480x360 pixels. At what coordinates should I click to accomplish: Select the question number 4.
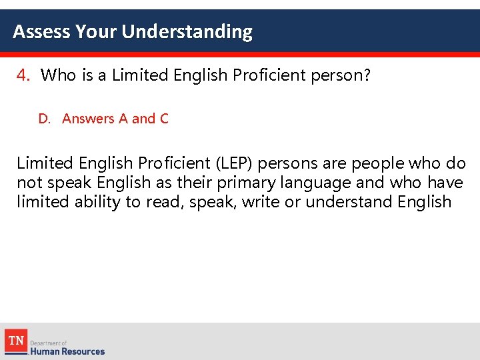(x=23, y=75)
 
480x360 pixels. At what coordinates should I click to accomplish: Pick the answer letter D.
(x=44, y=119)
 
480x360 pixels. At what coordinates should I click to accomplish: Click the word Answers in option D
(x=88, y=119)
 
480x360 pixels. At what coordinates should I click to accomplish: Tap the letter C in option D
(x=164, y=119)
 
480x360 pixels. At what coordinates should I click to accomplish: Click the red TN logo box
(x=16, y=341)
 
